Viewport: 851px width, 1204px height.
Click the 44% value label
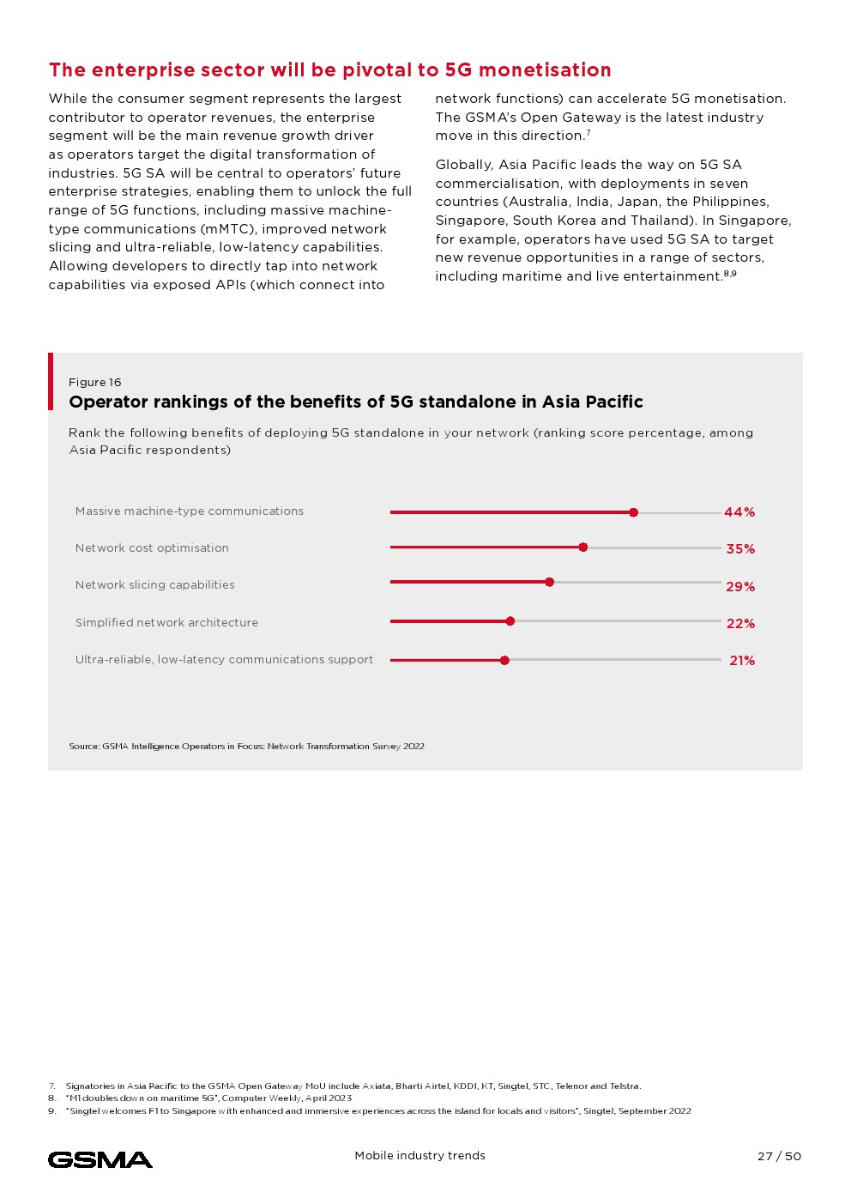739,512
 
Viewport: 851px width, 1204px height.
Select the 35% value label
740,549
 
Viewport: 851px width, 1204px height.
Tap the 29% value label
740,587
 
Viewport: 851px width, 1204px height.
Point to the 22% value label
740,624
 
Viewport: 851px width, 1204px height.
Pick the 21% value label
742,661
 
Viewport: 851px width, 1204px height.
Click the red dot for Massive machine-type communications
633,512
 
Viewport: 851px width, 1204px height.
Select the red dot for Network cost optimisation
583,548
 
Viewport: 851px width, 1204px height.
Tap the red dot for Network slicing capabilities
550,582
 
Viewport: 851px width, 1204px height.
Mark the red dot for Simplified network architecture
510,621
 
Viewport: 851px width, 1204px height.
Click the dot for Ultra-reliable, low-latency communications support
504,660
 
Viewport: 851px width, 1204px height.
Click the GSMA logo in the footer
100,1160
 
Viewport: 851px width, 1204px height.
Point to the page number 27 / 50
779,1157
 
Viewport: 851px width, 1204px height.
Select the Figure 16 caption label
95,383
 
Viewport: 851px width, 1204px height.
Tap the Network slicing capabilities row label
154,585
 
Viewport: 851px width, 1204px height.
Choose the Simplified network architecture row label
166,623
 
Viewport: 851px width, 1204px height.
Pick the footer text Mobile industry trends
419,1156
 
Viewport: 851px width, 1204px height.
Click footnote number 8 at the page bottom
52,1098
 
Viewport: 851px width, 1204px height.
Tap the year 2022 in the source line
413,747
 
